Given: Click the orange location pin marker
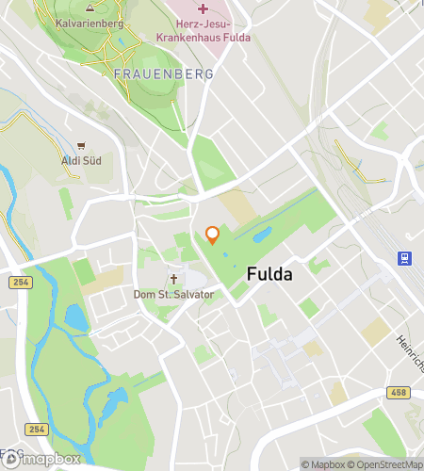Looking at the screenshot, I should tap(213, 235).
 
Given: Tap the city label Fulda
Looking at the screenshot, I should tap(269, 275).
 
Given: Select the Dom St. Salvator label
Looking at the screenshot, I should tap(173, 295).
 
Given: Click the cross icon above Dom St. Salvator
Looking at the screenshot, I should tap(173, 279).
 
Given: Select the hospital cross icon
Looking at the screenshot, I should tap(203, 8).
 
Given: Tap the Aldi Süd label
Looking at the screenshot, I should tap(82, 160).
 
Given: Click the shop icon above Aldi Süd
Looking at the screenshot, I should tap(82, 145).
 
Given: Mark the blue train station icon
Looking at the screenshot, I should tap(404, 257).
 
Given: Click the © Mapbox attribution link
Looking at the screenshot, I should tap(323, 463).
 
